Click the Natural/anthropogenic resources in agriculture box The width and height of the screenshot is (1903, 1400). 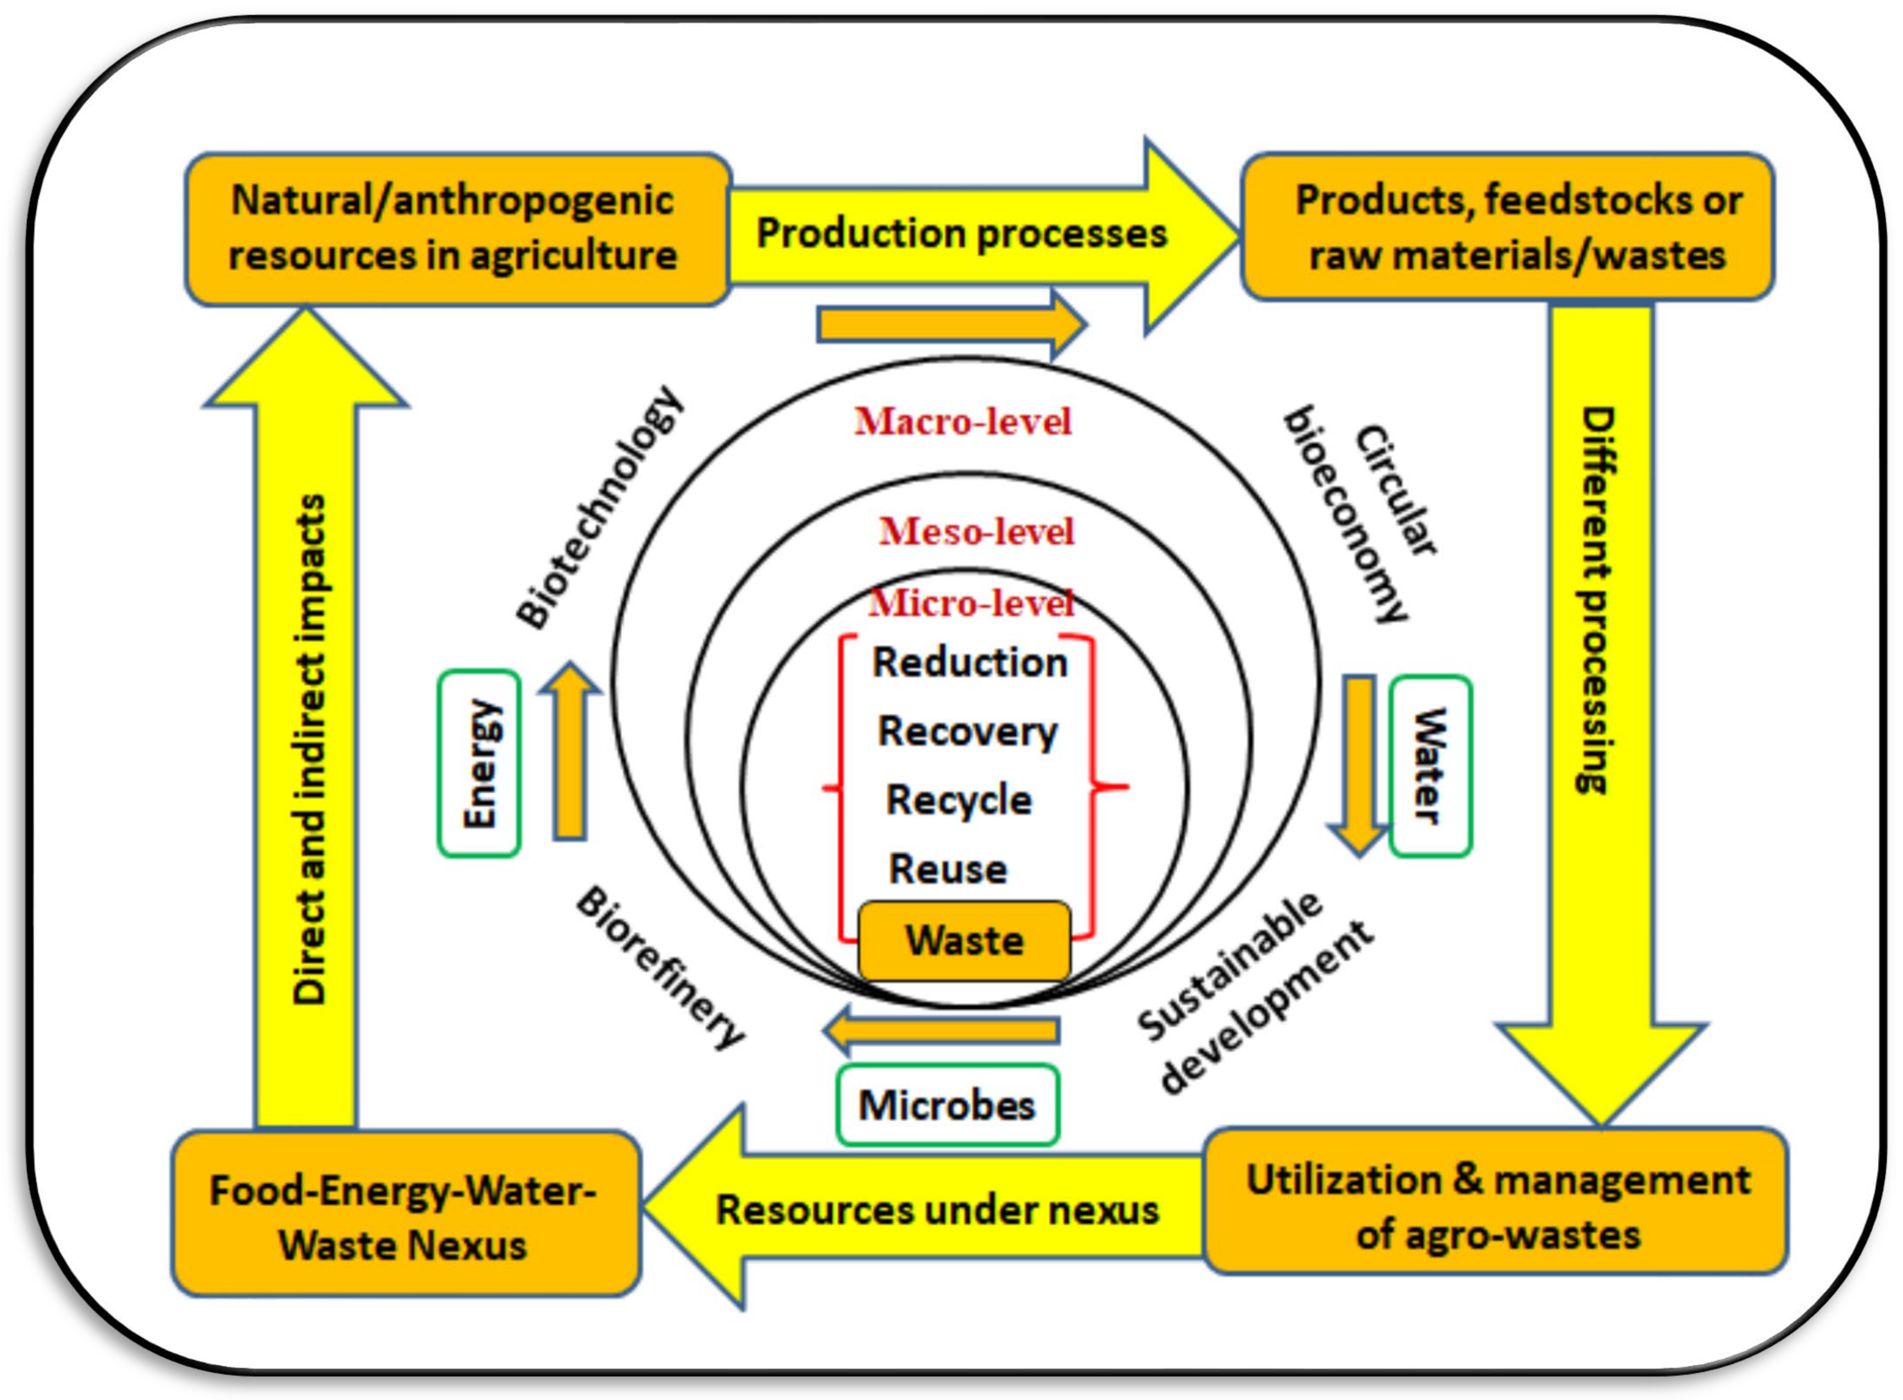point(456,229)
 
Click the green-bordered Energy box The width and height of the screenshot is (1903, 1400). point(479,763)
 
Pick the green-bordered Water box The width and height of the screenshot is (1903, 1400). point(1430,765)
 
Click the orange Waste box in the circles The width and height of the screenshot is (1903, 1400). point(964,940)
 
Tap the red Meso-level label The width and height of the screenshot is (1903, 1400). point(976,532)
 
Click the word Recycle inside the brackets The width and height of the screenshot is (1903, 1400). point(959,800)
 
